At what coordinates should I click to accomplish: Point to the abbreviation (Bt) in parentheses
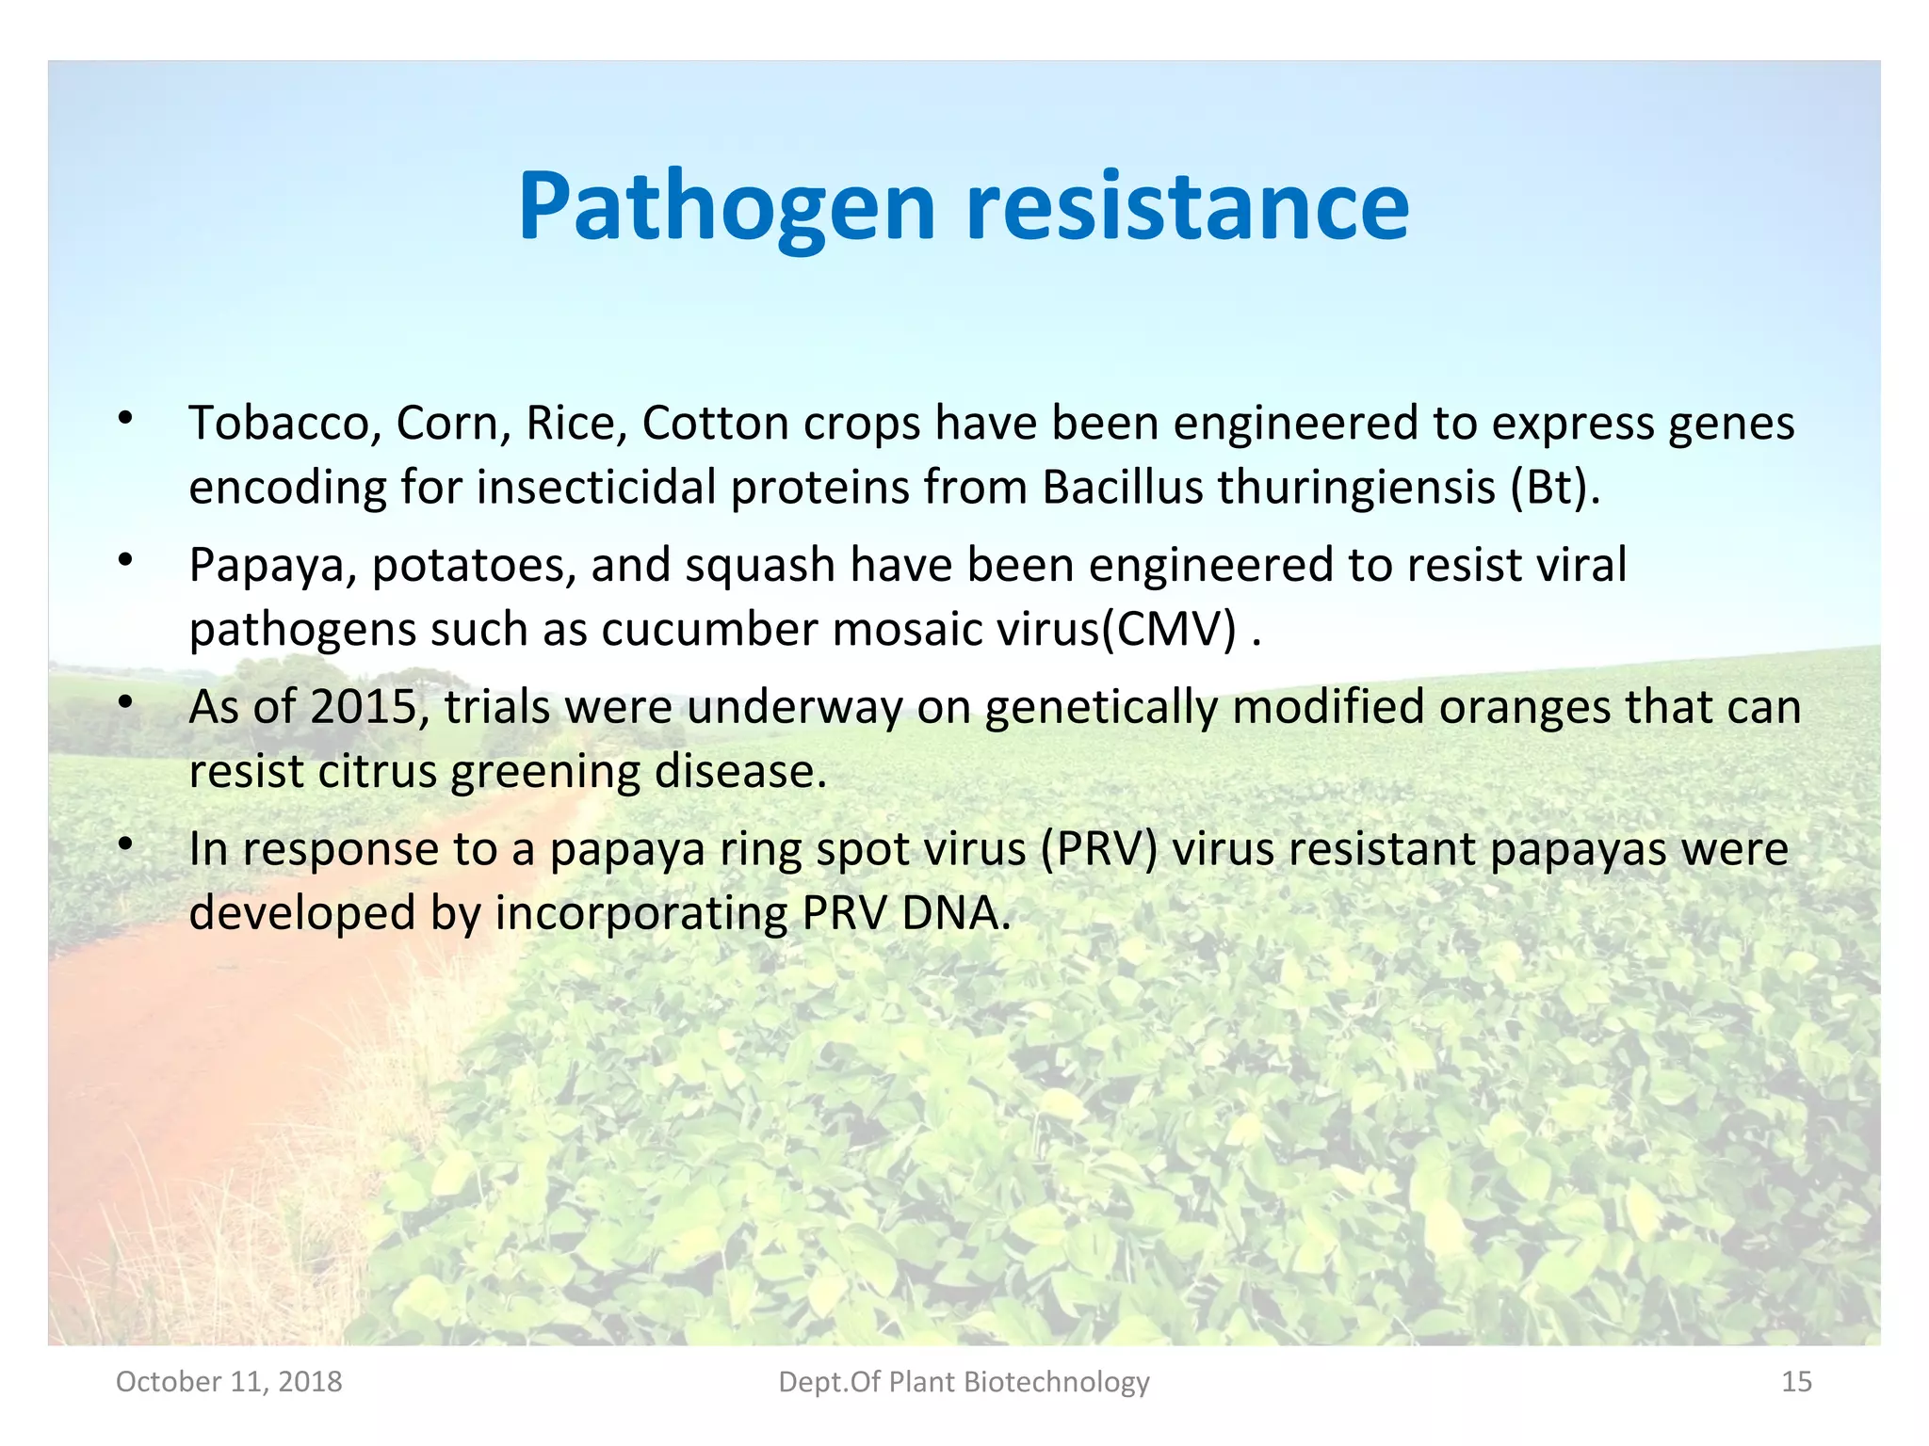point(1555,488)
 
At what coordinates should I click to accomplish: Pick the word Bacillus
point(1123,488)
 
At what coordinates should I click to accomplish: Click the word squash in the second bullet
point(760,566)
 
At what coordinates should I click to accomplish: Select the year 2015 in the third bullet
point(364,706)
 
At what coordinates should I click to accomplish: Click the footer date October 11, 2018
point(229,1381)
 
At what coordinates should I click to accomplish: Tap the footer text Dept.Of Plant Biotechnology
point(964,1381)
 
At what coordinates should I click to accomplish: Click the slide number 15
point(1796,1381)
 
